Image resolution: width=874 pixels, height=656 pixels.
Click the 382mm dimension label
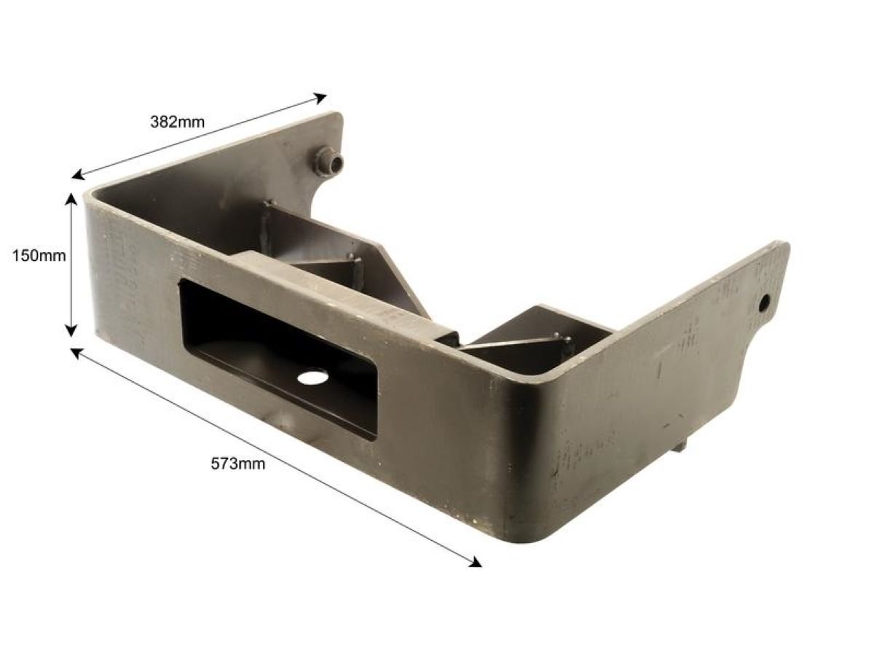point(177,122)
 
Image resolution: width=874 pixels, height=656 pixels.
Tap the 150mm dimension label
point(39,255)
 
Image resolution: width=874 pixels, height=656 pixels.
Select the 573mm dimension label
point(237,464)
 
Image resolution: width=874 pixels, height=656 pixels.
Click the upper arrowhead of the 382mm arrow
point(320,98)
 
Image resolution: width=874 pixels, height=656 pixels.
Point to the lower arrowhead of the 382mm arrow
point(78,175)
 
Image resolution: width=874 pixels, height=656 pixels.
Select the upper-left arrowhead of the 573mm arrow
point(77,352)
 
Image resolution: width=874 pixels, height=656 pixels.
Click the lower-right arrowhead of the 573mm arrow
point(475,562)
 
